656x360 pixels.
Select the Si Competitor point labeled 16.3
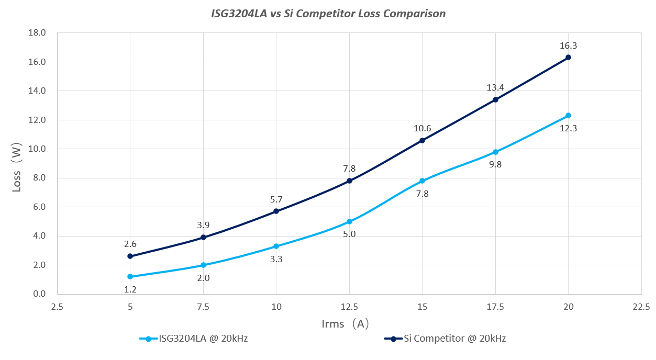coord(568,58)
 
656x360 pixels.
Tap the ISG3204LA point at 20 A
coord(568,116)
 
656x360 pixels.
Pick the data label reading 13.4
coord(495,87)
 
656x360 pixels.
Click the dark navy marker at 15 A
coord(422,140)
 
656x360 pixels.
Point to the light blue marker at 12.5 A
coord(349,221)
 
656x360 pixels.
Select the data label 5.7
coord(276,199)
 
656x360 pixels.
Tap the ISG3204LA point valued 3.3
coord(276,246)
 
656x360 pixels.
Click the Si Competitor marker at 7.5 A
coord(203,238)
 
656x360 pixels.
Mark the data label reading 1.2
coord(130,289)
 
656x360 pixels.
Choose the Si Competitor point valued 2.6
coord(130,256)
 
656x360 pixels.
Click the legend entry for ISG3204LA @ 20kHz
coord(194,339)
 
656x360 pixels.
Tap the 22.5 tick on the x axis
coord(641,306)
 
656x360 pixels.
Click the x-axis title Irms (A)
coord(346,324)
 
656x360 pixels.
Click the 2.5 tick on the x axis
coord(58,306)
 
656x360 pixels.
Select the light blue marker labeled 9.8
coord(495,152)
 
